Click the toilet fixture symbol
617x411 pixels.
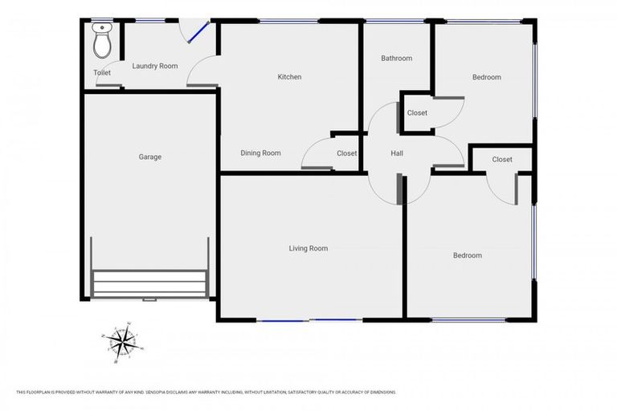click(x=102, y=41)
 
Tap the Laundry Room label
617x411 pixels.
click(x=155, y=66)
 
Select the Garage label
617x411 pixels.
click(x=150, y=157)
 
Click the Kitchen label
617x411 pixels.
click(x=289, y=77)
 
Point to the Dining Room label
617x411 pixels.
click(x=261, y=153)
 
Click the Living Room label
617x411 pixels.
click(x=308, y=248)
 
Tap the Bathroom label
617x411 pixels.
click(x=396, y=58)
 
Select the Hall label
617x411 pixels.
click(x=397, y=153)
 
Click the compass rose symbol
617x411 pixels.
click(x=122, y=344)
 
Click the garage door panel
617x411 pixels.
click(x=149, y=283)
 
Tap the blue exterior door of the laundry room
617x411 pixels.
click(x=196, y=31)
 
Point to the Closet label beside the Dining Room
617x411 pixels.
click(x=346, y=153)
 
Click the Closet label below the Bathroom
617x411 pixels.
click(x=417, y=112)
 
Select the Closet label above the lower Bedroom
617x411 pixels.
click(x=502, y=159)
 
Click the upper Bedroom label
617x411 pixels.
click(x=486, y=77)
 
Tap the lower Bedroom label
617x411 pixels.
click(x=468, y=255)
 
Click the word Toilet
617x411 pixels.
click(x=102, y=73)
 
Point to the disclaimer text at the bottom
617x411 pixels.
click(x=206, y=392)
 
